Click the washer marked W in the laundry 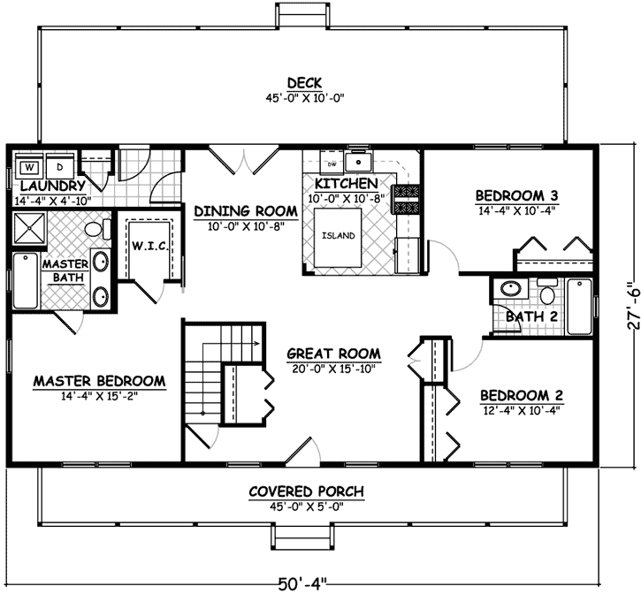point(28,166)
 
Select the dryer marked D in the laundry point(60,166)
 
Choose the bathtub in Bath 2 point(580,306)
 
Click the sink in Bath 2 point(509,289)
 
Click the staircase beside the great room point(212,371)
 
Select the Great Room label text point(328,354)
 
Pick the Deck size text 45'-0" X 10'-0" point(303,98)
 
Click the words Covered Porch point(306,491)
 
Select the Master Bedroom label point(99,382)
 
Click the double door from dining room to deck point(241,163)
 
